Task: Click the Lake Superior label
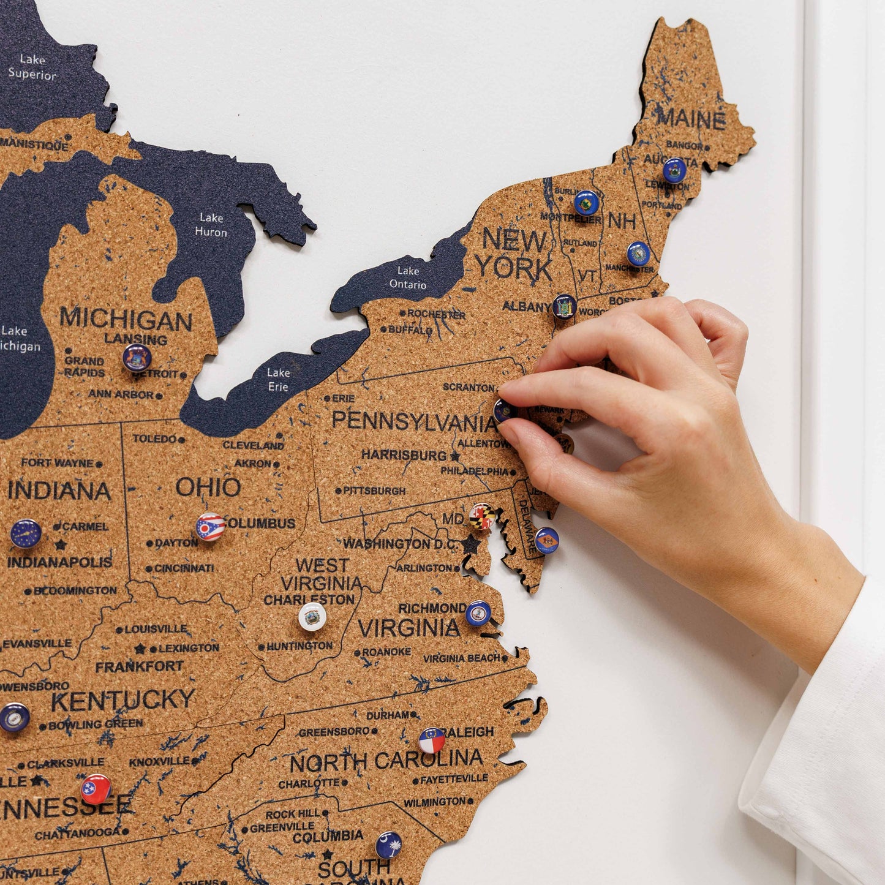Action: [32, 67]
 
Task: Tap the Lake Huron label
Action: [211, 225]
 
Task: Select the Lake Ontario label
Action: [408, 277]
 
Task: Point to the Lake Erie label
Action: [278, 379]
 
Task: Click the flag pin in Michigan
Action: [137, 358]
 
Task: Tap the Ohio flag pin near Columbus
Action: [210, 527]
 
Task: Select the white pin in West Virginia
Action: [312, 616]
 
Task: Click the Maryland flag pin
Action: [482, 516]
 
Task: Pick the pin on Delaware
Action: [546, 540]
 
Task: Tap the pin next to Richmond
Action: [478, 612]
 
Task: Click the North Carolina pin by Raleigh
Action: [432, 740]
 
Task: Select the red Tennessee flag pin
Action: [96, 789]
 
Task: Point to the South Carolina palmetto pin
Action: [389, 845]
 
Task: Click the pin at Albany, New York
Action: [564, 306]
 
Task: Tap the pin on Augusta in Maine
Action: [674, 170]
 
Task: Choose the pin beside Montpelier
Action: [586, 203]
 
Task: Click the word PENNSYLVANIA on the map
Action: [414, 421]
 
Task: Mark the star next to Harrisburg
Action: [455, 456]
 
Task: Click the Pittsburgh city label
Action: [374, 491]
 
